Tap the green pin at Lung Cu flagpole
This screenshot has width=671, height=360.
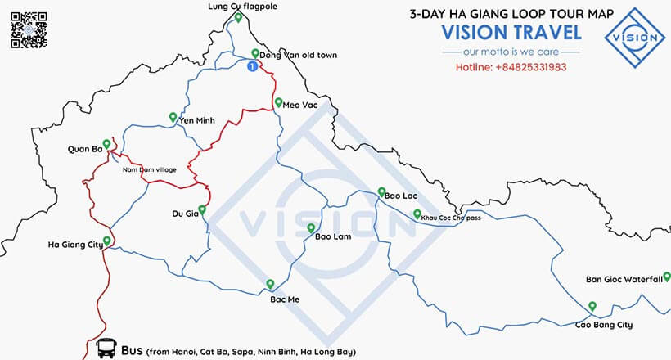[x=237, y=17]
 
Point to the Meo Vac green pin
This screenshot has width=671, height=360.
[x=278, y=103]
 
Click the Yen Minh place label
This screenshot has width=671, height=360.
[x=196, y=120]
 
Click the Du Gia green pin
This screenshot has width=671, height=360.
[x=201, y=209]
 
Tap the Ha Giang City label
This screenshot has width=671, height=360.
[x=75, y=244]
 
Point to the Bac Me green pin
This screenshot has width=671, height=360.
[x=270, y=284]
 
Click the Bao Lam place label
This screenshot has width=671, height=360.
[x=333, y=237]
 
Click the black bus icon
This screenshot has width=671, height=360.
[x=106, y=349]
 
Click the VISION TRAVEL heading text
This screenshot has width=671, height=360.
[x=511, y=33]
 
